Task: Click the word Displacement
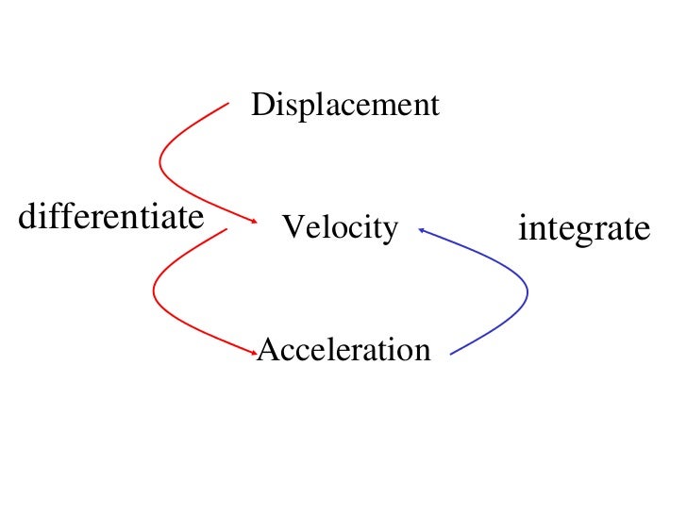345,105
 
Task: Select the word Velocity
340,227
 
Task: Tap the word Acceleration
343,350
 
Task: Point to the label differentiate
111,218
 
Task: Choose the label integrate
584,229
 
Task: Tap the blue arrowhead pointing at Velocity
421,228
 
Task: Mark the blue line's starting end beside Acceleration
452,355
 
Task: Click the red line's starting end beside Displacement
227,105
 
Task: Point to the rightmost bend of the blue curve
528,292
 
